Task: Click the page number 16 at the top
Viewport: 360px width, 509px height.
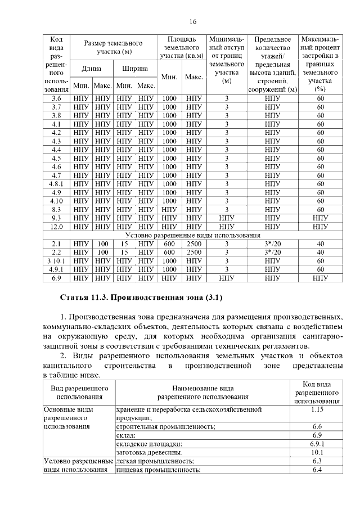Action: [x=193, y=22]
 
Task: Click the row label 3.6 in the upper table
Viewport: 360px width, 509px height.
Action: [x=56, y=98]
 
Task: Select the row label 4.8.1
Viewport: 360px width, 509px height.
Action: [x=56, y=183]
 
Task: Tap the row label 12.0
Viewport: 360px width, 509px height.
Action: [x=56, y=227]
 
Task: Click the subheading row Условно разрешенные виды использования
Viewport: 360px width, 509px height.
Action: [x=192, y=235]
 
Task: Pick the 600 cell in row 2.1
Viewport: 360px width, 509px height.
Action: [x=169, y=244]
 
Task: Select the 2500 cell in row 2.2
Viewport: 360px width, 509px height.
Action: [x=194, y=252]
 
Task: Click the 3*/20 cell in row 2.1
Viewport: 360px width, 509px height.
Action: [x=272, y=244]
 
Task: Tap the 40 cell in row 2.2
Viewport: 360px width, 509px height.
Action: [x=321, y=252]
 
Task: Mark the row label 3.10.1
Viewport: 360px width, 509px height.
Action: [x=56, y=260]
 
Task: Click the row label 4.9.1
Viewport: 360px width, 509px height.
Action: [x=56, y=269]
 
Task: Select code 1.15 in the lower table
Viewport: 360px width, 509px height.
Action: [x=317, y=410]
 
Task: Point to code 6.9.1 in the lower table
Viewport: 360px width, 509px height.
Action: [x=317, y=444]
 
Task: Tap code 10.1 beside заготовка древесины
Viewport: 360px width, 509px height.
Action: [x=317, y=452]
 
